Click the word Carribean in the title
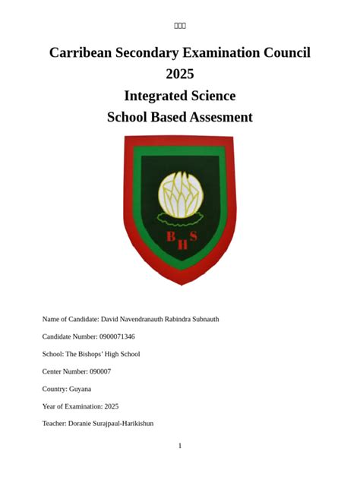[x=81, y=52]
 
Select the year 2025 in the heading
[x=180, y=74]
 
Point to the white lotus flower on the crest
[x=179, y=194]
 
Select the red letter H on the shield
[x=182, y=245]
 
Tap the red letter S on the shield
[x=194, y=236]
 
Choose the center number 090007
[x=99, y=371]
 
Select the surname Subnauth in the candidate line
[x=201, y=319]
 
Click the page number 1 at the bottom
[x=180, y=446]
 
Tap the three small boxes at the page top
[x=180, y=26]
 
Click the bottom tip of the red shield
[x=181, y=283]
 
